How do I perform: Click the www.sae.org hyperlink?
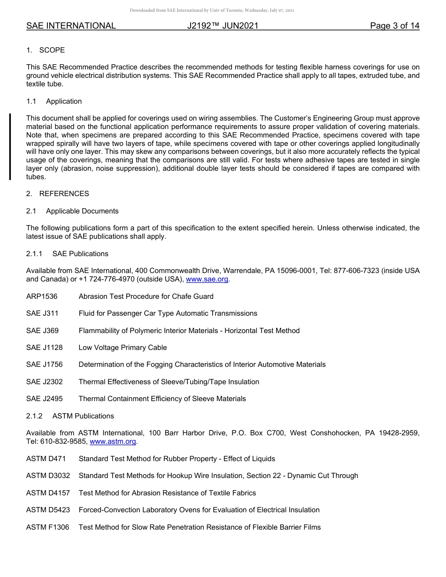pos(208,280)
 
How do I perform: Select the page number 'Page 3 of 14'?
pos(394,26)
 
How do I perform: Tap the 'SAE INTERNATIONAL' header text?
pos(71,26)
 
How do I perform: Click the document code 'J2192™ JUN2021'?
pos(223,26)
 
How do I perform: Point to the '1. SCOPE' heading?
pos(46,50)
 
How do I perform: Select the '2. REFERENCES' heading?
pos(57,194)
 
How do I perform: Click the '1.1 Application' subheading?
pos(54,101)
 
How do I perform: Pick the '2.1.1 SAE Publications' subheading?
pos(67,254)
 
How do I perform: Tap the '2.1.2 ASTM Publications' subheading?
pos(70,416)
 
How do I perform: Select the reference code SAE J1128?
pos(44,348)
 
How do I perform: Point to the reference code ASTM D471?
pos(46,459)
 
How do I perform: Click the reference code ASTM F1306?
pos(47,527)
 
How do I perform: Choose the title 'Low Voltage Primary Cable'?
pos(123,348)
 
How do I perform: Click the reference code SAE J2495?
pos(44,399)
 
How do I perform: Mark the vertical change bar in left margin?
pos(10,146)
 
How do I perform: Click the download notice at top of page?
pos(212,10)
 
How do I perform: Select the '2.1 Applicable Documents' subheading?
pos(72,211)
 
